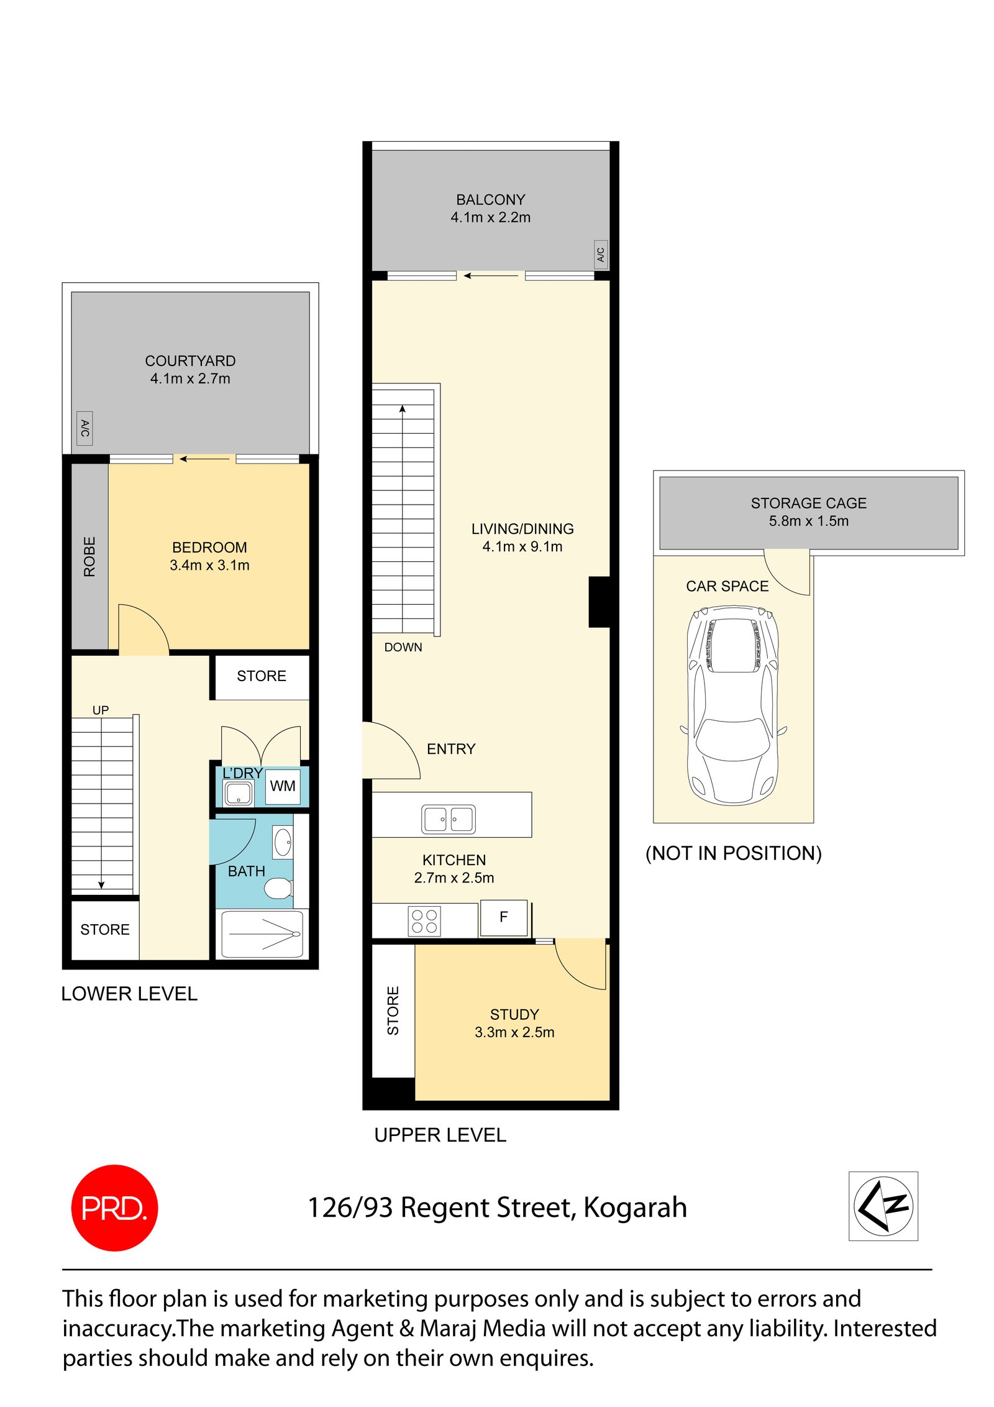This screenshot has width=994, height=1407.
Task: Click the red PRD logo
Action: tap(114, 1206)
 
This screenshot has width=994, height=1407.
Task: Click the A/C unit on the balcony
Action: tap(600, 254)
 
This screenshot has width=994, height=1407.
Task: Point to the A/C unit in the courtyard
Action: tap(84, 428)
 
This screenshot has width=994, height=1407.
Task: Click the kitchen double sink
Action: tap(448, 818)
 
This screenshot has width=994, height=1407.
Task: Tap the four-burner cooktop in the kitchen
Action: tap(424, 920)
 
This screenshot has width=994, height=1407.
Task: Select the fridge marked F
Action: tap(503, 917)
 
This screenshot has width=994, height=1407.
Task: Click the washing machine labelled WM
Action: tap(282, 786)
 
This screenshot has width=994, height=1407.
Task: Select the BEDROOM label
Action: tap(209, 547)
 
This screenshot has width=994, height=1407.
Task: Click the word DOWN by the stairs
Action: tap(403, 647)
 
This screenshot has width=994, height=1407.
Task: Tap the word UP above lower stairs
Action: tap(101, 709)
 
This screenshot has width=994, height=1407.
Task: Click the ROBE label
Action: tap(89, 556)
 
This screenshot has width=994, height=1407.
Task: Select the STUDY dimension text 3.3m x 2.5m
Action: tap(514, 1032)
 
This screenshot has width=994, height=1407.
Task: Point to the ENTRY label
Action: tap(450, 748)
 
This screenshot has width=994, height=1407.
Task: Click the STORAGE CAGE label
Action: tap(808, 503)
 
